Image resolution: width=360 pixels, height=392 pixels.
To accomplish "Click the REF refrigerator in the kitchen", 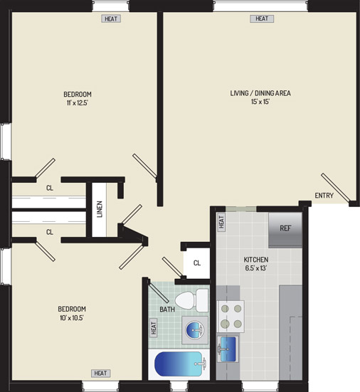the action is click(285, 230).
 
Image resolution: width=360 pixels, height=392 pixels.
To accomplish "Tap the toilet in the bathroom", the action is click(191, 300).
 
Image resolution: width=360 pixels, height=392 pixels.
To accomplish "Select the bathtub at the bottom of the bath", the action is click(180, 364).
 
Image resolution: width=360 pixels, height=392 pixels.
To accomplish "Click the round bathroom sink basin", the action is click(195, 330).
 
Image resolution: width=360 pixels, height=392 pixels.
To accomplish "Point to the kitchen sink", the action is click(228, 349).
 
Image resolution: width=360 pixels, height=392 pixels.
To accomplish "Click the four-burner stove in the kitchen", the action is click(231, 317).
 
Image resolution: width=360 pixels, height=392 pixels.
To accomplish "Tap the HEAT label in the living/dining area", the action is click(262, 18).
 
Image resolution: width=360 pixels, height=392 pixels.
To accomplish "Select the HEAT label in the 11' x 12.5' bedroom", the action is click(111, 18).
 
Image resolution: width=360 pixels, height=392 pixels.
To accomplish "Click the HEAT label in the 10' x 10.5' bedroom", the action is click(100, 374).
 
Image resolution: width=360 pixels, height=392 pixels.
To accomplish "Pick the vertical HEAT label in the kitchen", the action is click(221, 222).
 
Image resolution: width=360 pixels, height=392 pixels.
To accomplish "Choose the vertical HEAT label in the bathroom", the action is click(154, 328).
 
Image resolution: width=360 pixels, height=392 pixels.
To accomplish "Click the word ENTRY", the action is click(324, 196).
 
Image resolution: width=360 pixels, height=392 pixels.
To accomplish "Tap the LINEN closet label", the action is click(100, 209).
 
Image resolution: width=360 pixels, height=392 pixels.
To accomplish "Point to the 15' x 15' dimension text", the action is click(260, 102).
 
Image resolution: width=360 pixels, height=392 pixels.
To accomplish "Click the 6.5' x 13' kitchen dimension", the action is click(256, 268).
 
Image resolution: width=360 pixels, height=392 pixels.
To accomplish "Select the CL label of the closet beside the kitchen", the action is click(197, 263).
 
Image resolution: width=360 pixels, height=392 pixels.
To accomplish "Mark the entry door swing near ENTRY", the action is click(335, 187).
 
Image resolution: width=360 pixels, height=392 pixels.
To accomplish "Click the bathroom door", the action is click(158, 290).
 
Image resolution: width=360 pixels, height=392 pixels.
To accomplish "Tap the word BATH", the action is click(167, 309).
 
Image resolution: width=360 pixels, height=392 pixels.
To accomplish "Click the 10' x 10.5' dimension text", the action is click(71, 318).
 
